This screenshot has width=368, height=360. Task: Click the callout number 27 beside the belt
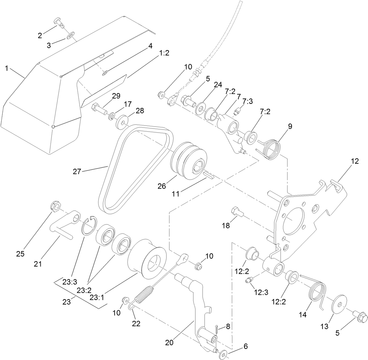pyautogui.click(x=77, y=171)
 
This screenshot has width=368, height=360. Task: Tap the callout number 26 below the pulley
pyautogui.click(x=162, y=186)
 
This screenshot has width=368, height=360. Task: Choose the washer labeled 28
pyautogui.click(x=121, y=121)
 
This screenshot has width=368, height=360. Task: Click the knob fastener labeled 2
pyautogui.click(x=60, y=23)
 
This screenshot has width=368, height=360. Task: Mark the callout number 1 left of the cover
pyautogui.click(x=6, y=69)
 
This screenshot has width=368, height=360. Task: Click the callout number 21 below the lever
pyautogui.click(x=38, y=264)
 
